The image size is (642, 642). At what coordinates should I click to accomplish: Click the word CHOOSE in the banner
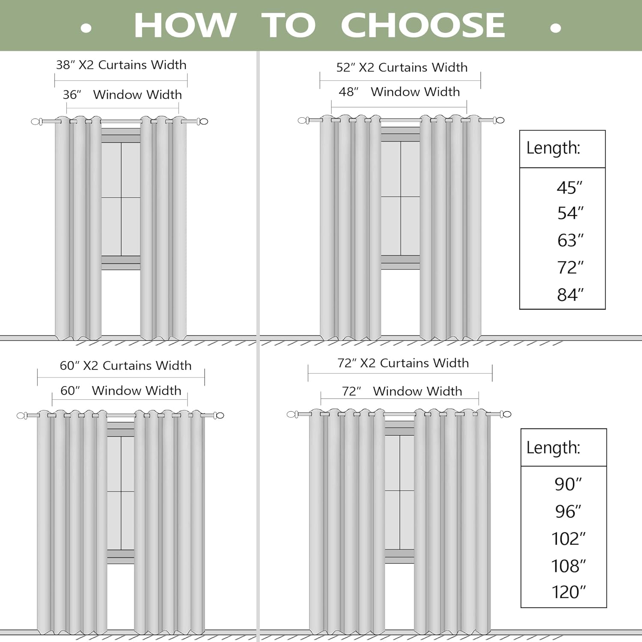pos(422,26)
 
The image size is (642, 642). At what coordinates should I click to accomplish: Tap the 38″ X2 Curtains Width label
pos(121,65)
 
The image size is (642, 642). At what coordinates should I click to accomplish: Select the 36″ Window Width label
pos(122,95)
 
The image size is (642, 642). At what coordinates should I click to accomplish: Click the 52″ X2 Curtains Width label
pos(401,68)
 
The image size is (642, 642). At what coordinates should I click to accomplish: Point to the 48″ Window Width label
pos(399,92)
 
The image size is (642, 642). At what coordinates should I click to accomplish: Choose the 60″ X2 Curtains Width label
pos(125,366)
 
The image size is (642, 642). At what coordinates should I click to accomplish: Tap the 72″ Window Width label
pos(401,391)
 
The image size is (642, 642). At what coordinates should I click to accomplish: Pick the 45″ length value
pos(569,188)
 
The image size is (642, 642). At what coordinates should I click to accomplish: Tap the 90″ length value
pos(568,484)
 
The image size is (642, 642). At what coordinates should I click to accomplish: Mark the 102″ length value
pos(568,539)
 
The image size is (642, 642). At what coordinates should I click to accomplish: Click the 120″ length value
pos(568,592)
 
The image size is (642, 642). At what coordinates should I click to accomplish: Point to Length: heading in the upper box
pos(553,148)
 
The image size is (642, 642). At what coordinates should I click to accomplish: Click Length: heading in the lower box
pos(553,448)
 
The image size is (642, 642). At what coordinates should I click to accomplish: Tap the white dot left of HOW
pos(86,28)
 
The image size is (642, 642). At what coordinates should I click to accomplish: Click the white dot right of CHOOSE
pos(556,28)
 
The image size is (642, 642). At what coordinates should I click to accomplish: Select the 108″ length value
pos(568,566)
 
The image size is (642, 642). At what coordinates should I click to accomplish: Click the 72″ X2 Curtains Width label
pos(403,363)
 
